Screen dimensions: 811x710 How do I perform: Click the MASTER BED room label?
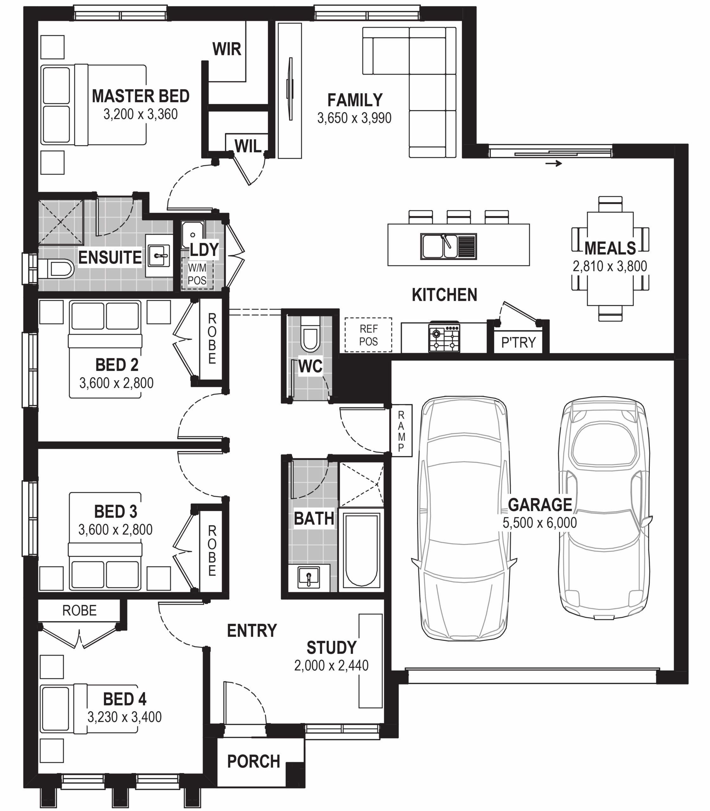tap(141, 96)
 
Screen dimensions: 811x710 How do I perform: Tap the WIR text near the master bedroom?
tap(227, 49)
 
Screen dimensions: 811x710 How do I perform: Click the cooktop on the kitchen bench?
tap(444, 338)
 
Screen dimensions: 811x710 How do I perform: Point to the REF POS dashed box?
tap(368, 335)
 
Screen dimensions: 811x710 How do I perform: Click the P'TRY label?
tap(518, 342)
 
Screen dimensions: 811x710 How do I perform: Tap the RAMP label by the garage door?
tap(401, 431)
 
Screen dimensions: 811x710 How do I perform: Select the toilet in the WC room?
tap(310, 335)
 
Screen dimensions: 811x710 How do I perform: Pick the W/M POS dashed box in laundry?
tap(197, 274)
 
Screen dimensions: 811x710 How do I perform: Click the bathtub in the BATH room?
tap(361, 550)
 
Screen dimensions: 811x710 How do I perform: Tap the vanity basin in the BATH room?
tap(309, 578)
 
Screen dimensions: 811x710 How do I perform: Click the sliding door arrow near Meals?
tap(553, 163)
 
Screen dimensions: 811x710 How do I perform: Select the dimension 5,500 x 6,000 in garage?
tap(540, 523)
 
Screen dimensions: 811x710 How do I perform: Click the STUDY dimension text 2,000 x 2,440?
tap(331, 665)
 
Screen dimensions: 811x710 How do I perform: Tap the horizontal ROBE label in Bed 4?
tap(79, 610)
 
